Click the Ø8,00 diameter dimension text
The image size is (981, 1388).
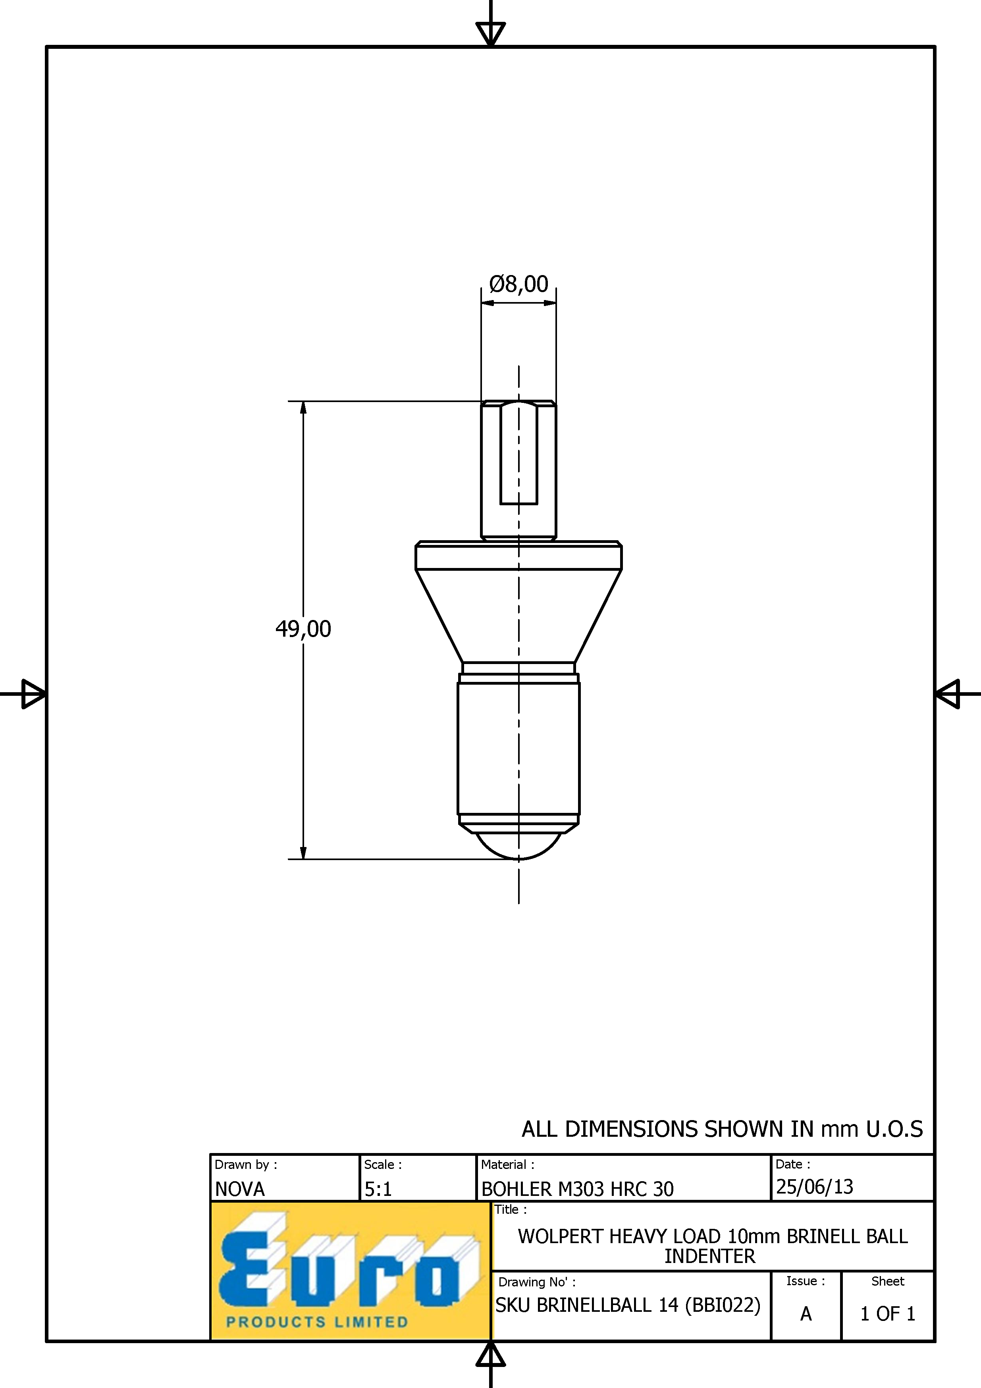click(x=518, y=283)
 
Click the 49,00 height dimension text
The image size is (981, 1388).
click(x=303, y=629)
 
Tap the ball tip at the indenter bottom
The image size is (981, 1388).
click(x=518, y=846)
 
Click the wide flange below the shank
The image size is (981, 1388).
click(x=518, y=556)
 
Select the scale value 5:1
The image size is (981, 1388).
click(x=378, y=1189)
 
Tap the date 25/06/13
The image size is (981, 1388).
click(x=814, y=1187)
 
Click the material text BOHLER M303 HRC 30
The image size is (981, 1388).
click(x=577, y=1189)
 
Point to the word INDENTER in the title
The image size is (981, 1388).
click(x=710, y=1256)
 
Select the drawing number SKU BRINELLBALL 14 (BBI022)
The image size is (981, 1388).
click(x=628, y=1306)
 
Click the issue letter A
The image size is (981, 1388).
click(x=806, y=1314)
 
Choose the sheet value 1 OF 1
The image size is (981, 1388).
click(x=887, y=1314)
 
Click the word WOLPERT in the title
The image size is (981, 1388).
click(x=559, y=1236)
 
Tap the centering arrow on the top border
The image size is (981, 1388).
click(x=491, y=34)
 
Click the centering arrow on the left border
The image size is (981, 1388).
click(x=33, y=693)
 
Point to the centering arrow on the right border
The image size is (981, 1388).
click(x=947, y=693)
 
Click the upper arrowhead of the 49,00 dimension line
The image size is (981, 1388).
click(x=303, y=408)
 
